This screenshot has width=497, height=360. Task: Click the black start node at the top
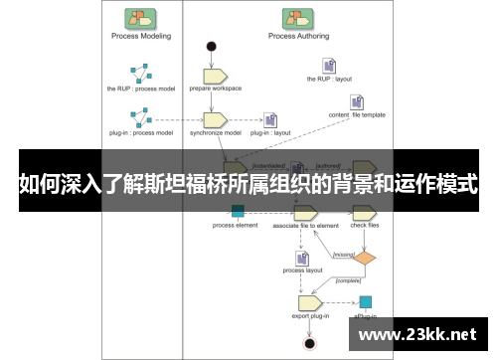pyautogui.click(x=211, y=46)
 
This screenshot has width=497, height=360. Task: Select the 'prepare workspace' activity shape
pyautogui.click(x=216, y=76)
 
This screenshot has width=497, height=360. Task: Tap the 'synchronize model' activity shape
pyautogui.click(x=216, y=119)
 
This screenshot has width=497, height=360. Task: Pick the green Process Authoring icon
pyautogui.click(x=295, y=18)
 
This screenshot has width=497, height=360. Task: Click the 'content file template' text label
pyautogui.click(x=357, y=115)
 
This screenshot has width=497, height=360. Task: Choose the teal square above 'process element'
pyautogui.click(x=237, y=210)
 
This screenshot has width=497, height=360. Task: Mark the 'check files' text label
pyautogui.click(x=366, y=226)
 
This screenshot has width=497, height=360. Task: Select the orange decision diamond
pyautogui.click(x=366, y=259)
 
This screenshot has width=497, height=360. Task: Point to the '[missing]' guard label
pyautogui.click(x=344, y=256)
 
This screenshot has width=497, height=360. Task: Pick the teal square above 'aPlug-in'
pyautogui.click(x=366, y=301)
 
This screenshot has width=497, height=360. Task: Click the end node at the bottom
pyautogui.click(x=309, y=342)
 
